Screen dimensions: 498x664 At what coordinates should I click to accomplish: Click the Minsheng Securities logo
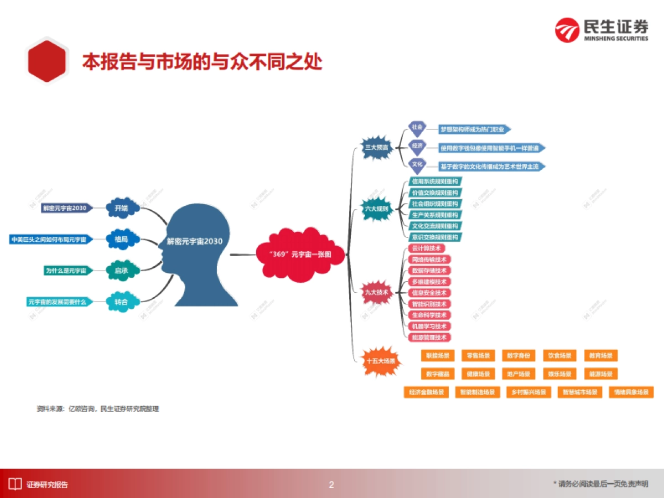601,29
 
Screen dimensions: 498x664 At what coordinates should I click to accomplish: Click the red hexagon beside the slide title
47,61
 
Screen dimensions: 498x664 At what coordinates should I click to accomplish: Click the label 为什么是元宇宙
66,271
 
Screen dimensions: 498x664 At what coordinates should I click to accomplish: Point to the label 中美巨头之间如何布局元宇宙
49,240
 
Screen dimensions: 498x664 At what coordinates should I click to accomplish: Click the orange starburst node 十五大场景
381,360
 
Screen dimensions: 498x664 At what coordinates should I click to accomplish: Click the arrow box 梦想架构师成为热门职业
474,129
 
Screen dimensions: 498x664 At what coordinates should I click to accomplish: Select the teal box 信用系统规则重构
435,181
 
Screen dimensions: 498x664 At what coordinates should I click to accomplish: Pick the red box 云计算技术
426,248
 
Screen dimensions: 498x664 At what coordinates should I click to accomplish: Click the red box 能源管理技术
429,337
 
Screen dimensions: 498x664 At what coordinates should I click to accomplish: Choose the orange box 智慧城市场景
580,392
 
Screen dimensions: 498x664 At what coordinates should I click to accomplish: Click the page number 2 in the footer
331,485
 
